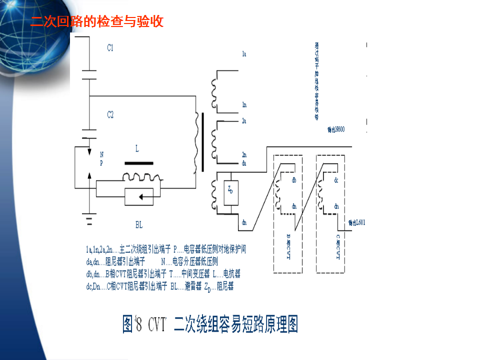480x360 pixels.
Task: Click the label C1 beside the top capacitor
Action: pyautogui.click(x=110, y=48)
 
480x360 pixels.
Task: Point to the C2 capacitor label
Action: pyautogui.click(x=110, y=115)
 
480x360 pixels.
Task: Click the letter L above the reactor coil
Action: pyautogui.click(x=137, y=148)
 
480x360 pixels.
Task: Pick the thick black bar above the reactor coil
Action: pyautogui.click(x=139, y=163)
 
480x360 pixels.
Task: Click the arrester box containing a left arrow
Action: pyautogui.click(x=141, y=197)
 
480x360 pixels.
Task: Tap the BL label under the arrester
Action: pyautogui.click(x=139, y=225)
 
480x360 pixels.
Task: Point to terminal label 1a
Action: pyautogui.click(x=244, y=53)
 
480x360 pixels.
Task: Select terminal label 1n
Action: pyautogui.click(x=244, y=105)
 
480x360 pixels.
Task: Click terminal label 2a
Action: pyautogui.click(x=244, y=121)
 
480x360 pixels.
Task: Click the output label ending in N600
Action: pyautogui.click(x=336, y=129)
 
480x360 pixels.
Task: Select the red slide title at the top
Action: pyautogui.click(x=97, y=22)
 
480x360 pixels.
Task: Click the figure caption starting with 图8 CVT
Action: pyautogui.click(x=210, y=324)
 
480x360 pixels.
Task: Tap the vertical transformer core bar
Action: pyautogui.click(x=203, y=142)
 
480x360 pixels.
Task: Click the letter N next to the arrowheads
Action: pyautogui.click(x=102, y=154)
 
